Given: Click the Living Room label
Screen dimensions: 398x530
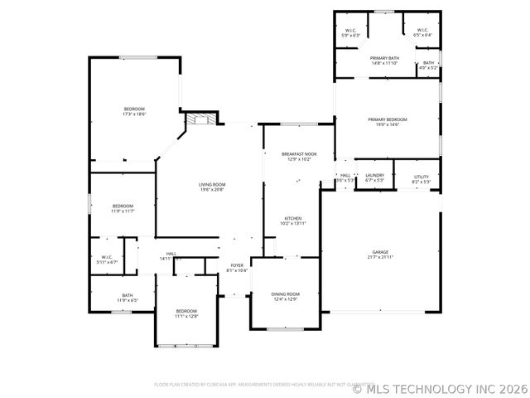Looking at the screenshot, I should pos(211,187).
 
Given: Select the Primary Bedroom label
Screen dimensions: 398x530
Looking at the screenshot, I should pos(388,122).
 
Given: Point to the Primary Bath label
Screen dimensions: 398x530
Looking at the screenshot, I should pos(384,61).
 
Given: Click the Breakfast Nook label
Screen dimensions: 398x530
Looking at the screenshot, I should pos(298,156).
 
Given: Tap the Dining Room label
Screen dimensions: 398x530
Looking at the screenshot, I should pos(285,296).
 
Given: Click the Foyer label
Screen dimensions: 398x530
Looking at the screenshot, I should pos(237,268).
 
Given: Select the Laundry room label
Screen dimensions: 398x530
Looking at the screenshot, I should pos(374,177).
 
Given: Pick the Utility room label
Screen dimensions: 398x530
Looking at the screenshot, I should pos(422,177).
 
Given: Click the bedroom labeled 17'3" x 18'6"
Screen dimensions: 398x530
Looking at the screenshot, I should pos(134,111).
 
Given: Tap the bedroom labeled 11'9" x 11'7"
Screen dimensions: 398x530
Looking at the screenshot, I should pos(123,208).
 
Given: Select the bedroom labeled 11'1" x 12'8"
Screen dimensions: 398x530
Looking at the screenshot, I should pos(185,313).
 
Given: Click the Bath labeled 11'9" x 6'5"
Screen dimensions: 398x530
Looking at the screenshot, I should pos(128,298).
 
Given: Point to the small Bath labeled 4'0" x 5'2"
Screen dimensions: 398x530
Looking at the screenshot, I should pos(428,65).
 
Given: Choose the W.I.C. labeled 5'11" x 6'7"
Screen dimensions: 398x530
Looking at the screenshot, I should pos(107,260).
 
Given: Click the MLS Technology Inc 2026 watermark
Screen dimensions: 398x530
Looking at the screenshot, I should pos(440,387).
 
